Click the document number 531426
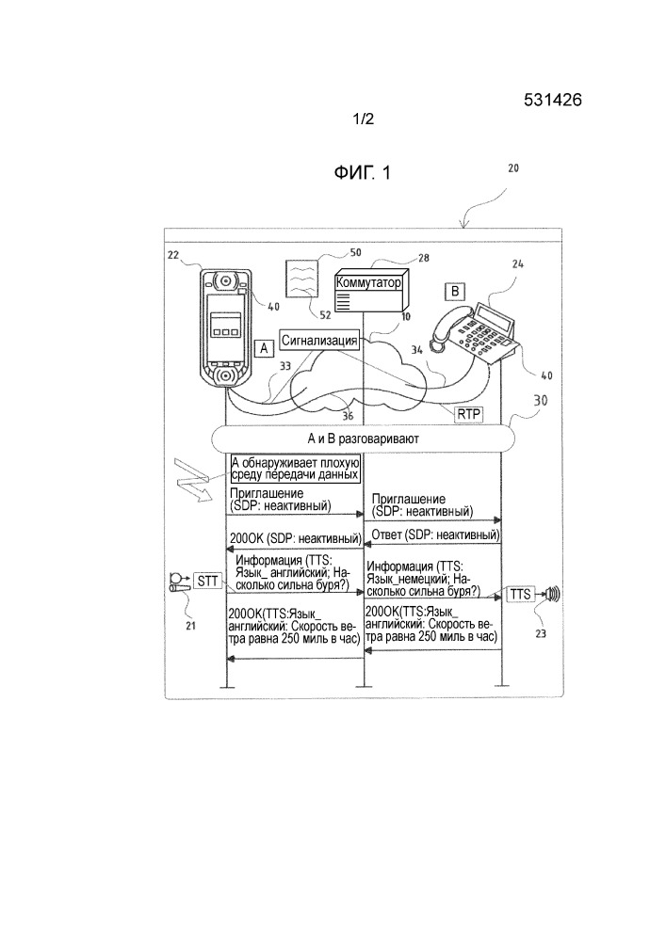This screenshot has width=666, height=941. [x=553, y=103]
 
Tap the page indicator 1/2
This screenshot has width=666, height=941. [x=364, y=120]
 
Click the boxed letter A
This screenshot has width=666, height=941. [x=265, y=348]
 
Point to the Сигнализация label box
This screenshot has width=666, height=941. [x=320, y=340]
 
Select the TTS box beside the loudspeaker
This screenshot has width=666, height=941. [x=521, y=594]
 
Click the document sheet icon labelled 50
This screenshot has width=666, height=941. [x=303, y=279]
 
